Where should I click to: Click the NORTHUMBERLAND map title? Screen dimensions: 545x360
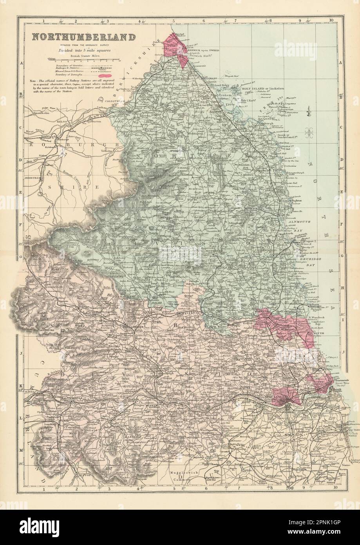tap(83, 37)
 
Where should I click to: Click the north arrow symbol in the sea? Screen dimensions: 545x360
tap(310, 108)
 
